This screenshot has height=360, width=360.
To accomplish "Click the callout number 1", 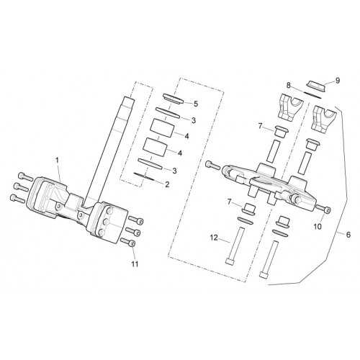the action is coord(57,160).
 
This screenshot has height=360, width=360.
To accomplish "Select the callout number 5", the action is coord(196,104).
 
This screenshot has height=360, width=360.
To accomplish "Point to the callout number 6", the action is coord(348,235).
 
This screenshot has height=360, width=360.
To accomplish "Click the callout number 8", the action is coord(289,85).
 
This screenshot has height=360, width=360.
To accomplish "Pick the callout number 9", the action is coord(338,81).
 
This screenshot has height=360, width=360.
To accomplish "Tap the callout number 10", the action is coord(318,226).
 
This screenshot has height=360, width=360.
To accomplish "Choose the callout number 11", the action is coord(135,264).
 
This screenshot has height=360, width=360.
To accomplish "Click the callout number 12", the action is coord(214,238).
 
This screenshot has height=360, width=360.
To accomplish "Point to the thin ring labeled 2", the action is coord(145,176).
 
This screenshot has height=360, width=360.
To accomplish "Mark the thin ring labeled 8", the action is coord(312,94).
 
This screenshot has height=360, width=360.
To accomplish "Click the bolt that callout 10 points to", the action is coord(323,208).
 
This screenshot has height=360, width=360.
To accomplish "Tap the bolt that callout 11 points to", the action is coord(128,242).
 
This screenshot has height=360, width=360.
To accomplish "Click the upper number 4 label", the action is coord(186,136).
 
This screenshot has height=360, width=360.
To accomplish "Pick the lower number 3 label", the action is coord(174,171).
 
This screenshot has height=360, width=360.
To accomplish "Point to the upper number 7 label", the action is coord(261,126).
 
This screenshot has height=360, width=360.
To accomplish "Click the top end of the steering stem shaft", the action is coord(128,98).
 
